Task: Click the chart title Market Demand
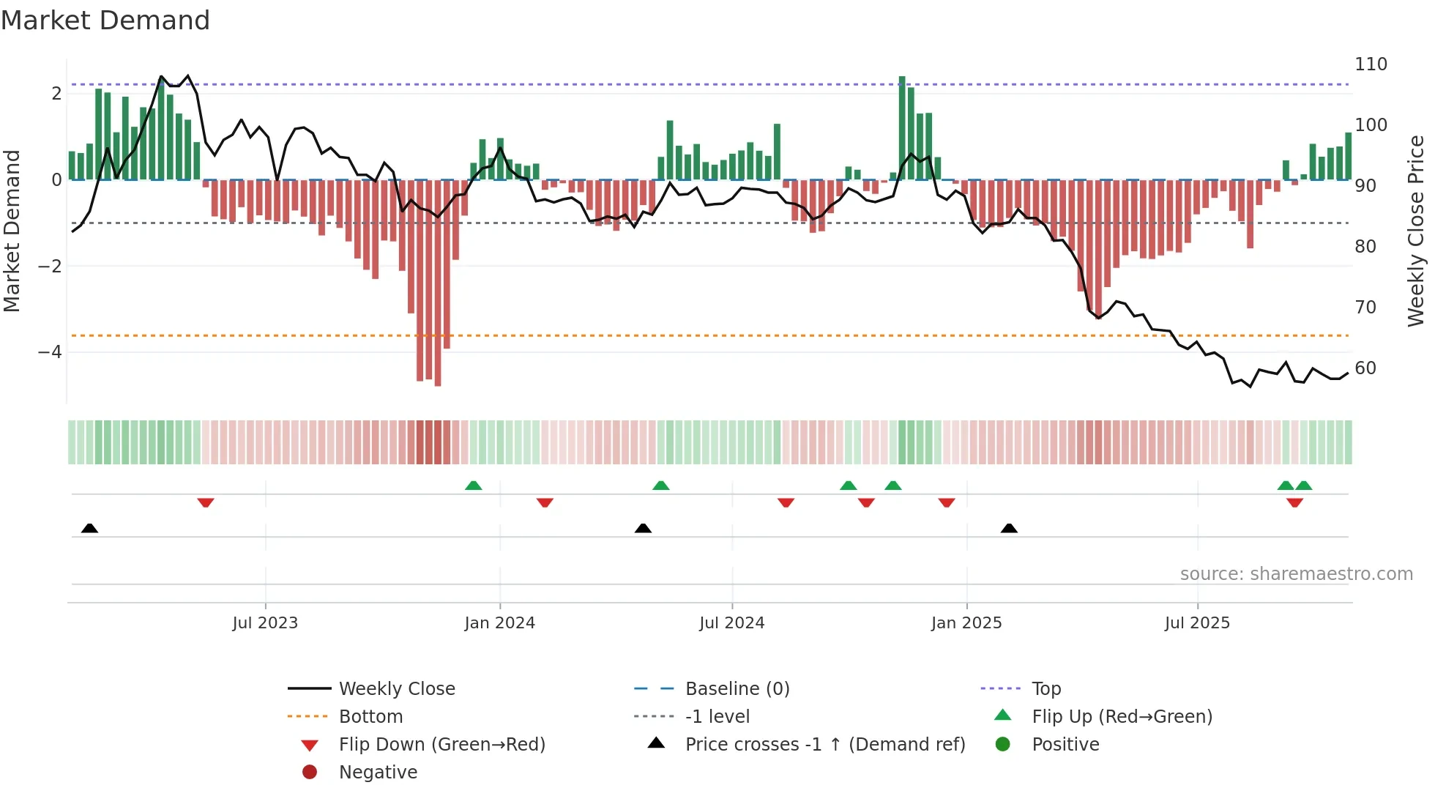click(x=105, y=21)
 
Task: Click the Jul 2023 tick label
click(x=265, y=623)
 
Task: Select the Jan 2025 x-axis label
click(x=966, y=623)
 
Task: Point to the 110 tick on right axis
click(x=1371, y=64)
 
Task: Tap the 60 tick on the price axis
click(x=1365, y=368)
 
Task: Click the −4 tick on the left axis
click(x=50, y=352)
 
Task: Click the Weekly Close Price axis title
click(x=1416, y=231)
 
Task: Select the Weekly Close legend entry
click(x=396, y=689)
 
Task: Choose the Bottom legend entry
click(x=370, y=717)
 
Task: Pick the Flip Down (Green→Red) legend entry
click(x=441, y=745)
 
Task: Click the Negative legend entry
click(x=378, y=773)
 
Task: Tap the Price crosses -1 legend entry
click(x=824, y=745)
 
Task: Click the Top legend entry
click(x=1046, y=689)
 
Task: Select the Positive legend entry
click(x=1065, y=745)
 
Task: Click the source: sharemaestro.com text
click(x=1296, y=574)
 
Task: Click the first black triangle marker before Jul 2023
click(x=89, y=529)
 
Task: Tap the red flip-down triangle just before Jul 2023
click(x=206, y=503)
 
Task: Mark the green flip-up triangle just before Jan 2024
click(x=474, y=486)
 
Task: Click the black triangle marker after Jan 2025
click(x=1009, y=529)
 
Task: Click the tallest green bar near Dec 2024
click(x=902, y=128)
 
